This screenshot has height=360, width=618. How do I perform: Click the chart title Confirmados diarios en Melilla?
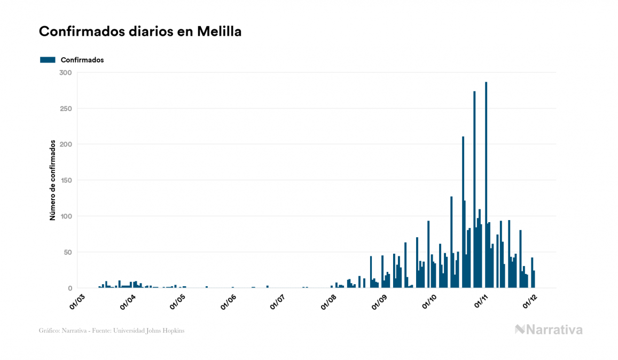point(140,32)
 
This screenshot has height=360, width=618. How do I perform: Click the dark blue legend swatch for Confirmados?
point(48,60)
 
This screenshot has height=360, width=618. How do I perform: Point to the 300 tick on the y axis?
point(66,73)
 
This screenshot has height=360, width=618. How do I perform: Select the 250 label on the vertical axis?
point(66,108)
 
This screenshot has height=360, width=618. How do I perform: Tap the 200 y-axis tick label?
point(66,144)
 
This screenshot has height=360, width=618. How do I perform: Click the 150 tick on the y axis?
point(66,181)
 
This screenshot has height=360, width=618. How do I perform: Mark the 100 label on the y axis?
point(66,216)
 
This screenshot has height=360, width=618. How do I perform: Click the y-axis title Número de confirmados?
point(52,181)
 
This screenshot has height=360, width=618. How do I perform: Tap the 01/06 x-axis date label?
point(229,302)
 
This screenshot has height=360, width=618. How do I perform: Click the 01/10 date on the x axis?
point(431,302)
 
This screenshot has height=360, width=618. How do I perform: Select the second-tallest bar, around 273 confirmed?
point(474,190)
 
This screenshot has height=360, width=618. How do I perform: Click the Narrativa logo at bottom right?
point(549,330)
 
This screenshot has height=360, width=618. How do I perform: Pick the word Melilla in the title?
point(219,32)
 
